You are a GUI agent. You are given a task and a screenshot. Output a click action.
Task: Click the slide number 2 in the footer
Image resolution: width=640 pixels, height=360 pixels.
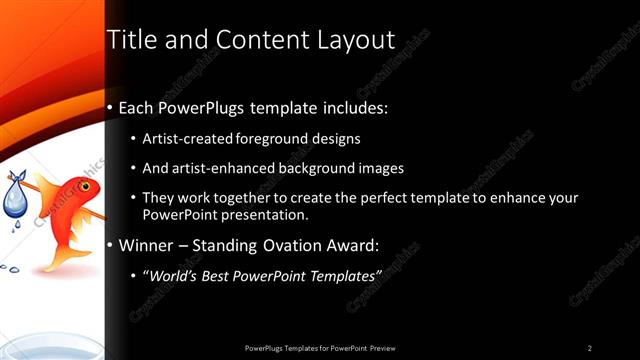click(589, 347)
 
